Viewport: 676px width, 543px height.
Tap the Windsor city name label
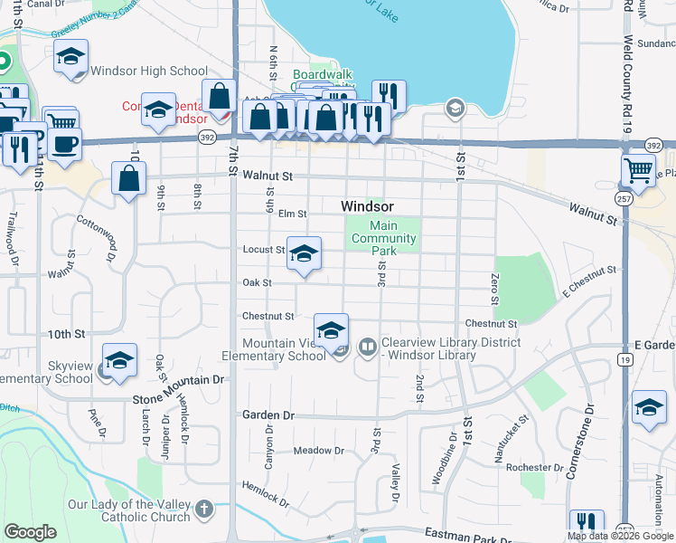point(367,206)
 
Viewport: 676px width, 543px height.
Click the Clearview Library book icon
point(367,346)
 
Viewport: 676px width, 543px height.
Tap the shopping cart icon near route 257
point(639,170)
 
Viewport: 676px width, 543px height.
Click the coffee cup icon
point(65,145)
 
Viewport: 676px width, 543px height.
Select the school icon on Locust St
point(305,253)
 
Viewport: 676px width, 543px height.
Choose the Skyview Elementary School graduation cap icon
point(120,359)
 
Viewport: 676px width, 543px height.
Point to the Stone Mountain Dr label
point(178,381)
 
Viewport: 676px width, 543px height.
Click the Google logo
point(31,532)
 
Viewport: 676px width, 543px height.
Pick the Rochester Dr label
point(535,467)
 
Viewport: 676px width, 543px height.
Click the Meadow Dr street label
point(314,450)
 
